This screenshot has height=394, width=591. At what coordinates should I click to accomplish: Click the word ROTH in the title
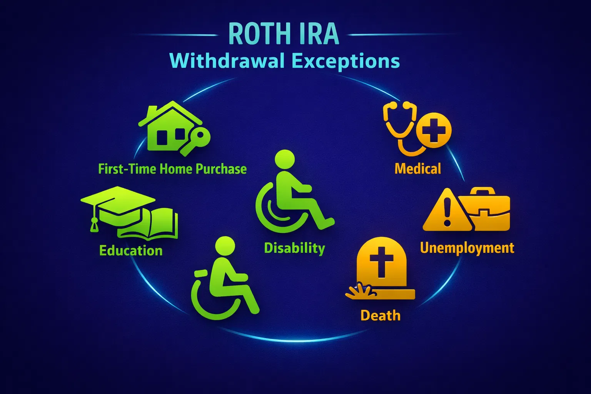click(x=256, y=34)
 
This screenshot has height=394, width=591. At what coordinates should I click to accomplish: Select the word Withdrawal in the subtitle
click(x=227, y=61)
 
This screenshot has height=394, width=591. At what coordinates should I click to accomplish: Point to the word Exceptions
click(x=346, y=61)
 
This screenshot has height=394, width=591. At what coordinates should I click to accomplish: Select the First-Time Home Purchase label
click(x=172, y=169)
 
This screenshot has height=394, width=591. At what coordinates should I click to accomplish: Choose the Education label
click(x=131, y=250)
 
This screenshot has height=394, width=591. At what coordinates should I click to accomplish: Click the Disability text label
click(x=294, y=248)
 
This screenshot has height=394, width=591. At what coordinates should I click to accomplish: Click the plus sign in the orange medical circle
click(x=434, y=130)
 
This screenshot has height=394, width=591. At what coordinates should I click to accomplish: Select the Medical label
click(x=418, y=169)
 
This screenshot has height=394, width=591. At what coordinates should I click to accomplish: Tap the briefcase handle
click(x=483, y=191)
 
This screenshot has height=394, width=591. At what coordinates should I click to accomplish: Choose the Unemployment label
click(x=467, y=248)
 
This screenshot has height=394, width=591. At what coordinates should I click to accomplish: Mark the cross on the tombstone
click(x=381, y=260)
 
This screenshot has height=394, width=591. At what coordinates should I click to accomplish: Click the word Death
click(x=381, y=316)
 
